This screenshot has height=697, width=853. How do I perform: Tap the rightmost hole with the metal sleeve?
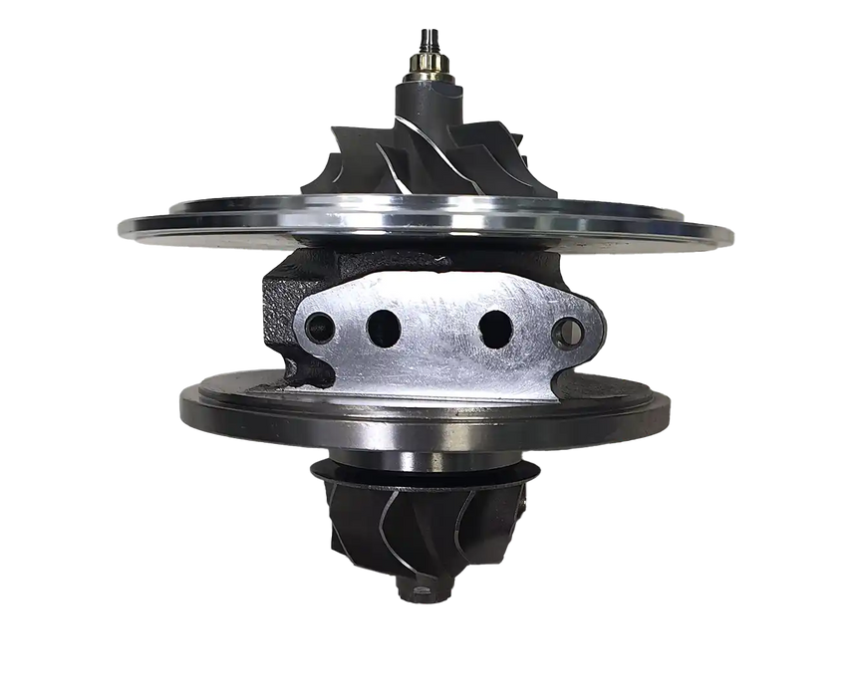coord(567,329)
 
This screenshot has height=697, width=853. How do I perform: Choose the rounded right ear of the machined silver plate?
coord(588,324)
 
